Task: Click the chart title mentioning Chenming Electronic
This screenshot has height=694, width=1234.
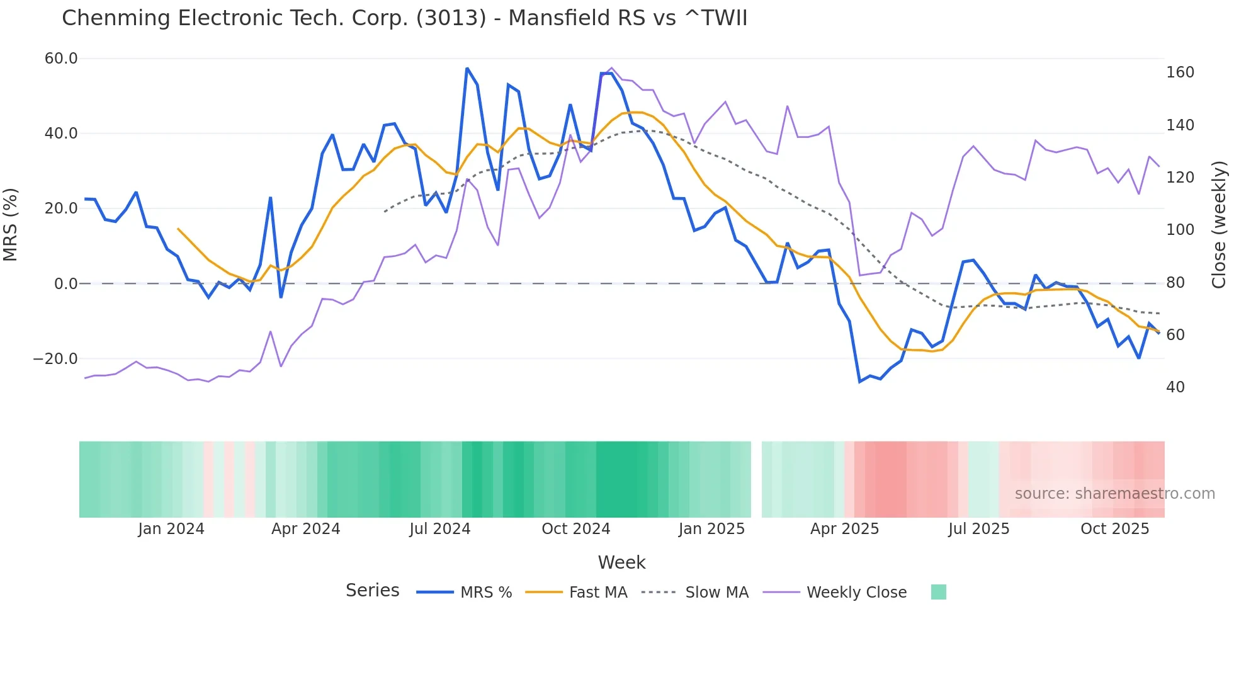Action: (404, 18)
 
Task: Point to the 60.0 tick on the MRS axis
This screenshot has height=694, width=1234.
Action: (61, 59)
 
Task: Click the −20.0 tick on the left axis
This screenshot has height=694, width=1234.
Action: (55, 359)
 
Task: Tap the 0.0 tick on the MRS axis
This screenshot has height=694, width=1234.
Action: (66, 284)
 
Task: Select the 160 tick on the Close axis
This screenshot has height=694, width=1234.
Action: (1180, 72)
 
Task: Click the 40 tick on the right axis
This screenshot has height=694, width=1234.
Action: (1175, 387)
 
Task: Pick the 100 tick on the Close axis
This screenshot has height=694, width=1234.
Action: (1180, 230)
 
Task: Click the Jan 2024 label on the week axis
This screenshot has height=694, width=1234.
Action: (171, 529)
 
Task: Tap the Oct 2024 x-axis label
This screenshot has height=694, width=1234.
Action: (575, 529)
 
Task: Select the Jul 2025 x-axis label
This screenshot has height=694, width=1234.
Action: (978, 529)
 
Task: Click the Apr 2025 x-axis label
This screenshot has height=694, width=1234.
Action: (844, 529)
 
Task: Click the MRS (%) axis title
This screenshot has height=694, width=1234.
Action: (11, 225)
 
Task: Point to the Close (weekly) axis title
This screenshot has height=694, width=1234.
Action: (1220, 225)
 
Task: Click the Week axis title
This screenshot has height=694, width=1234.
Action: (621, 562)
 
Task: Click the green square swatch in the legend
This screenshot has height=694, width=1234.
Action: (938, 592)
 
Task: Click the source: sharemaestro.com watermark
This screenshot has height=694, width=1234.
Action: (1114, 494)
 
